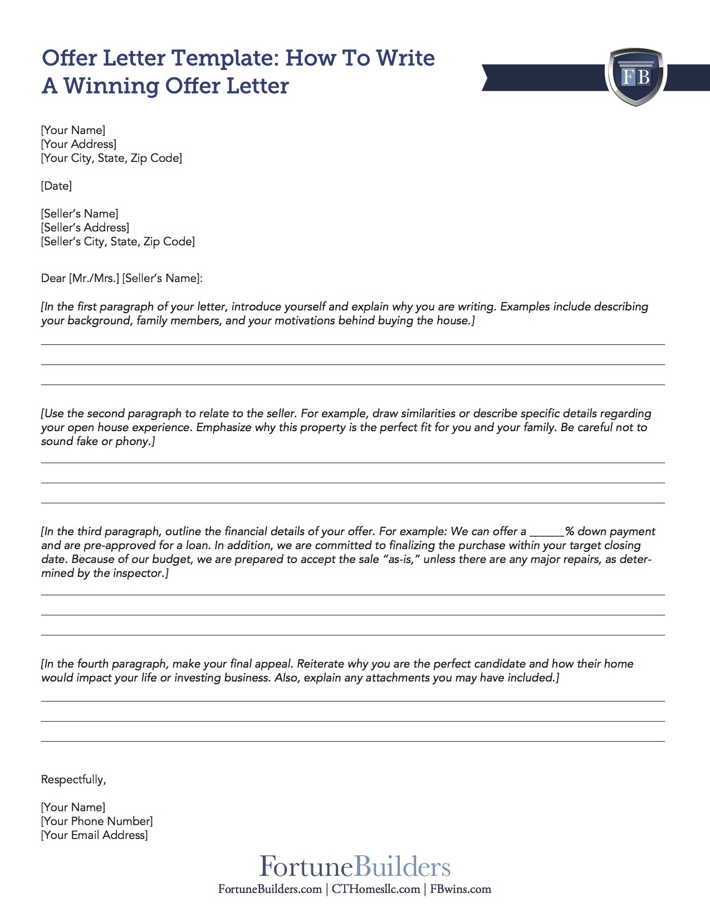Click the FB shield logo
pyautogui.click(x=636, y=76)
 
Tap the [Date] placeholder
pyautogui.click(x=56, y=186)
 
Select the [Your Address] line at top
pyautogui.click(x=79, y=144)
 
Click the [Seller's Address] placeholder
pyautogui.click(x=85, y=228)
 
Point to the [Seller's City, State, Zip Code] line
pyautogui.click(x=117, y=241)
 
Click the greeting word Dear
pyautogui.click(x=53, y=278)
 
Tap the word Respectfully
pyautogui.click(x=73, y=779)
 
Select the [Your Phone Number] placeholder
pyautogui.click(x=97, y=821)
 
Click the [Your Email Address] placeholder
pyautogui.click(x=95, y=835)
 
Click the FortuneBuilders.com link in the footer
pyautogui.click(x=270, y=889)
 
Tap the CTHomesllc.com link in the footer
pyautogui.click(x=376, y=889)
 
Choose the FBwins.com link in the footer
pyautogui.click(x=461, y=889)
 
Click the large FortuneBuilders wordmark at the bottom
pyautogui.click(x=355, y=867)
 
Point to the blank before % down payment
pyautogui.click(x=547, y=532)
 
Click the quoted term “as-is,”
pyautogui.click(x=401, y=560)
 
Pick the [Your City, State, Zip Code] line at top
pyautogui.click(x=111, y=158)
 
